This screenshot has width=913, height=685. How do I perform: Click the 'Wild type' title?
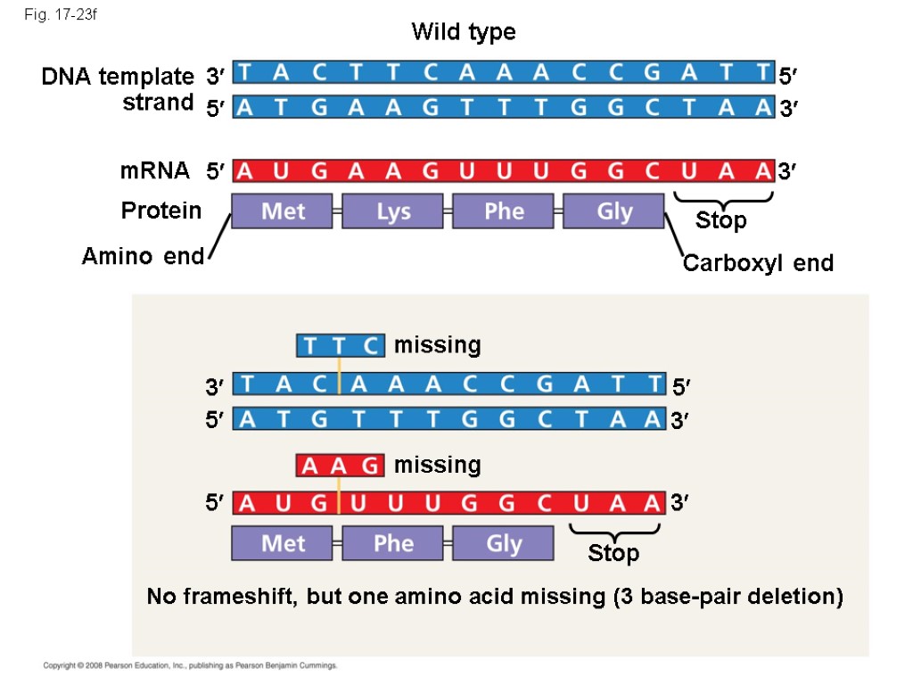click(x=463, y=32)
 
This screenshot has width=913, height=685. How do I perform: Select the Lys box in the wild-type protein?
click(x=392, y=211)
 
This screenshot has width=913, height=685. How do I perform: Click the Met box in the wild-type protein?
click(x=282, y=211)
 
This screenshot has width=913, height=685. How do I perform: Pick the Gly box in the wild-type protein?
click(x=613, y=211)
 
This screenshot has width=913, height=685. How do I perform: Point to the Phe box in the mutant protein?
click(x=392, y=543)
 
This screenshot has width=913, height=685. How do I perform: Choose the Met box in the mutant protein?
click(x=282, y=543)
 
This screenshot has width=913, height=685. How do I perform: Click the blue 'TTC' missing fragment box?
click(x=340, y=345)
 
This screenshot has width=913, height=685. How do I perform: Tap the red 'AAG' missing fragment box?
click(x=340, y=466)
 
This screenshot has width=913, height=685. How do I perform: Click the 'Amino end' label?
click(x=143, y=257)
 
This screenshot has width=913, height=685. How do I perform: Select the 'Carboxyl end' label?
click(x=758, y=263)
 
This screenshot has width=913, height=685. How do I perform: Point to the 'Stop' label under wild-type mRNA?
click(x=720, y=220)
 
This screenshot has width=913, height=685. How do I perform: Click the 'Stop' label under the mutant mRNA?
click(x=613, y=554)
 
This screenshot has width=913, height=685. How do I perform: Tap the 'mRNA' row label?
click(x=155, y=170)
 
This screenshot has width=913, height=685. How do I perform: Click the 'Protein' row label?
click(x=161, y=210)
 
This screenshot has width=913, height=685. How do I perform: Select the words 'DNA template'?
click(x=117, y=77)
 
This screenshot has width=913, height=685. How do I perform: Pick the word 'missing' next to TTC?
click(x=437, y=345)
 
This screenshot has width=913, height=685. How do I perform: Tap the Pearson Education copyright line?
click(x=191, y=665)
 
